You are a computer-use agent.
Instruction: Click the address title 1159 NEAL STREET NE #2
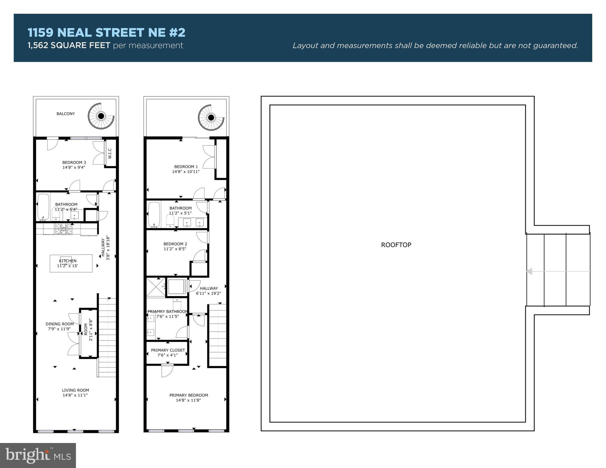click(x=106, y=33)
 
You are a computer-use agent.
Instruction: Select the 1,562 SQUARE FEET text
click(x=69, y=45)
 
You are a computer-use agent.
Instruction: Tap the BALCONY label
click(x=66, y=114)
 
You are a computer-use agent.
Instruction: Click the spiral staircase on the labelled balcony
click(x=101, y=116)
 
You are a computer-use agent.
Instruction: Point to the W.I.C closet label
click(x=110, y=153)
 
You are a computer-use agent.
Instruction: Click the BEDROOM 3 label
click(x=74, y=163)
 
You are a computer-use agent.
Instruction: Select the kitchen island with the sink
click(x=71, y=263)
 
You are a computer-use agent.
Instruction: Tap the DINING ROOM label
click(x=59, y=324)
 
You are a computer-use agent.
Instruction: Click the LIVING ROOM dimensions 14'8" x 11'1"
click(x=75, y=395)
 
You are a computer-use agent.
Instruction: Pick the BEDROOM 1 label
click(x=186, y=167)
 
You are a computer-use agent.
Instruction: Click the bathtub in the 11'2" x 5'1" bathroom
click(x=154, y=215)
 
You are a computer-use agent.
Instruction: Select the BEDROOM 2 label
click(x=175, y=244)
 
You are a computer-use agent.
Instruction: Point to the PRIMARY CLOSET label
click(x=168, y=350)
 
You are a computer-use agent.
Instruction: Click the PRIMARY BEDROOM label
click(x=189, y=395)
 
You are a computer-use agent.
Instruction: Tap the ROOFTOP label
click(x=396, y=245)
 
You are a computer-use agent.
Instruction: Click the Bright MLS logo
click(x=38, y=455)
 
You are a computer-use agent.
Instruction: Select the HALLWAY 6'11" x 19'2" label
click(x=209, y=291)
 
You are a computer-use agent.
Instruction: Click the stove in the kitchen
click(x=64, y=229)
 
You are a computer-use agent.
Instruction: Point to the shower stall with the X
click(x=156, y=287)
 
